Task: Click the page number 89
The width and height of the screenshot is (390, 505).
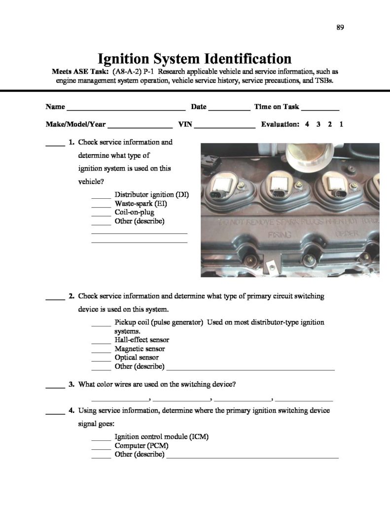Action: coord(340,27)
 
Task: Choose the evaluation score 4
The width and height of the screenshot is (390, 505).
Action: coord(307,125)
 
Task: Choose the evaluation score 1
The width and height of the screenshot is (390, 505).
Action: coord(341,125)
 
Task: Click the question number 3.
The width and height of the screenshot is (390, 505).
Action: coord(71,384)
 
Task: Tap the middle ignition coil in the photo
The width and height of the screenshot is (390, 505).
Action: coord(281,189)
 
